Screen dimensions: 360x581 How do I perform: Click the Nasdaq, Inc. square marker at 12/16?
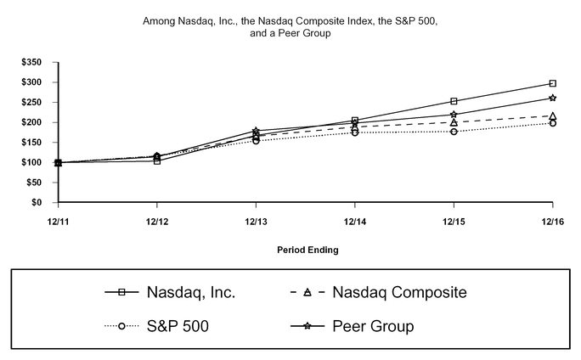[553, 83]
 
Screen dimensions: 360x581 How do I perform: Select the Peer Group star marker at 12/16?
[553, 98]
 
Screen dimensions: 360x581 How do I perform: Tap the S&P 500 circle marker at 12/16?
[553, 123]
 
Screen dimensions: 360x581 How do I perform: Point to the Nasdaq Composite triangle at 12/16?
[553, 115]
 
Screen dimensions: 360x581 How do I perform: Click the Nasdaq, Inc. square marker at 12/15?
[454, 101]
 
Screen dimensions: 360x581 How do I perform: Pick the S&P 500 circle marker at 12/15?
[454, 132]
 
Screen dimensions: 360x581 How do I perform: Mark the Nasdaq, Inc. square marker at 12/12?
[157, 160]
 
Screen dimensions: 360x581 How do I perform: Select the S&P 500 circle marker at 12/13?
[256, 140]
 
